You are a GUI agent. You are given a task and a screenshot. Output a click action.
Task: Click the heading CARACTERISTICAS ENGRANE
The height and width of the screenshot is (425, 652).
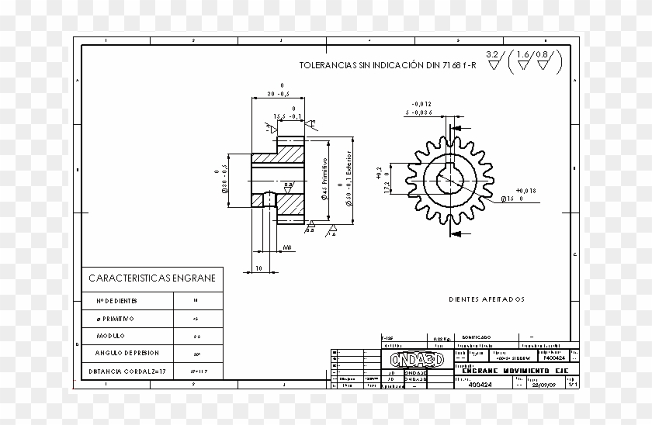152,278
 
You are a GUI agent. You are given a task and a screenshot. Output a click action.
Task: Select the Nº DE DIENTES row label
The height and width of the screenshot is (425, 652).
116,300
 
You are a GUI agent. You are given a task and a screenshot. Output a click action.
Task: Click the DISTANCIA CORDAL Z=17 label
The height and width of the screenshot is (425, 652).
127,371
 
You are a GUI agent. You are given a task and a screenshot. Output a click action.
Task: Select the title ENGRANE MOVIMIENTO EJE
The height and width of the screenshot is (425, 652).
504,371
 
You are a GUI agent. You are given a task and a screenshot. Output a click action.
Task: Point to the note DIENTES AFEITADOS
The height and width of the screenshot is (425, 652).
487,299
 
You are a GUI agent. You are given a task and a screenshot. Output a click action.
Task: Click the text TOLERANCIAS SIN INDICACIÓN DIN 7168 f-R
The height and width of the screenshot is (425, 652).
387,66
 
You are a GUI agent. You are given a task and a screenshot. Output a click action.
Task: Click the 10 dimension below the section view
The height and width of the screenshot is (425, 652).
258,268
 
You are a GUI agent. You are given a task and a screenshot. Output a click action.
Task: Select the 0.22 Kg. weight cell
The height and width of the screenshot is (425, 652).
442,339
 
